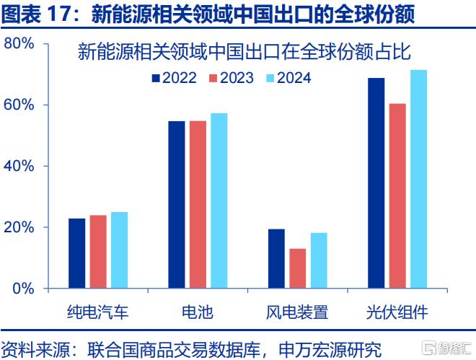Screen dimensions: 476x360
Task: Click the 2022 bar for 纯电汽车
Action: (x=76, y=253)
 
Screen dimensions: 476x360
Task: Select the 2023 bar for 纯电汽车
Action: (x=98, y=252)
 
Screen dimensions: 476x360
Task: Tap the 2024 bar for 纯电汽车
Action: (x=119, y=250)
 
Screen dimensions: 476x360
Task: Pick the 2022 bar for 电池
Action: (x=177, y=205)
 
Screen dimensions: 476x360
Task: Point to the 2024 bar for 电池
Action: (x=219, y=201)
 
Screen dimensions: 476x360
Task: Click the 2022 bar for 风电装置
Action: (x=276, y=258)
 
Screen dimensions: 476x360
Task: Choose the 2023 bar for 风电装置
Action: (x=298, y=268)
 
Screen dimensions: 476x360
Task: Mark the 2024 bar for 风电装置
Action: (x=319, y=260)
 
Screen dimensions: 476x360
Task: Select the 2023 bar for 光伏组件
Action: (x=397, y=196)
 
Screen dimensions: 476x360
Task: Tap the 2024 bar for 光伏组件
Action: (x=419, y=179)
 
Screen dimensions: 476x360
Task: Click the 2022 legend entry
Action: (x=175, y=78)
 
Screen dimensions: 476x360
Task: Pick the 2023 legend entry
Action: (x=232, y=78)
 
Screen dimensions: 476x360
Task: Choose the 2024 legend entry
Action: (x=288, y=78)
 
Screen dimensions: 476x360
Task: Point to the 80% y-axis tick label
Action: (x=19, y=43)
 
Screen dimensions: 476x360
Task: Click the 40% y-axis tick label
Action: (x=19, y=166)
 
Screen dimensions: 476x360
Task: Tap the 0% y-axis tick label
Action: (x=23, y=288)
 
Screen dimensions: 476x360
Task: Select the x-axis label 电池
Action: (x=198, y=312)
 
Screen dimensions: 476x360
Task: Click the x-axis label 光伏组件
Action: (x=397, y=312)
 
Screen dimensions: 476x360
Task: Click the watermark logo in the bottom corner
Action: (x=447, y=348)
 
